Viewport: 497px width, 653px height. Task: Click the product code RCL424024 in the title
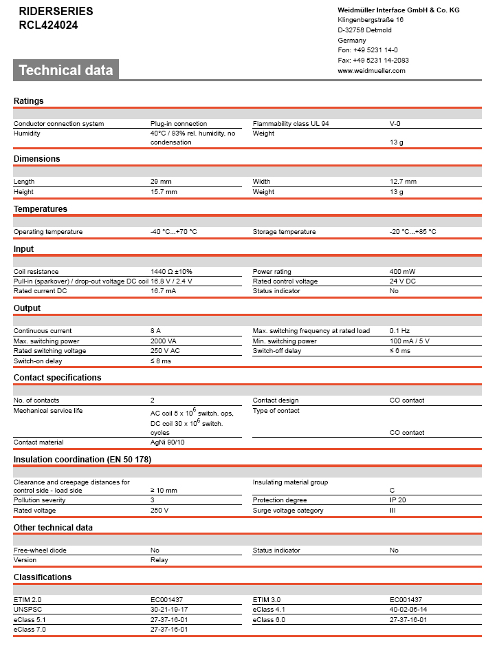tap(48, 25)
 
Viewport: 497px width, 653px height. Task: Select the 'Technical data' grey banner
tap(66, 70)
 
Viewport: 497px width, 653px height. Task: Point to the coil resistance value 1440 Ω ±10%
tap(171, 272)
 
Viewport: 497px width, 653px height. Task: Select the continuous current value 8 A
tap(155, 331)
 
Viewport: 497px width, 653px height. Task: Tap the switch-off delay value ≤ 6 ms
tap(399, 351)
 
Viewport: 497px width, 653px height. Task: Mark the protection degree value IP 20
tap(399, 500)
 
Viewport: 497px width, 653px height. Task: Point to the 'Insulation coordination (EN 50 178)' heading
tap(82, 459)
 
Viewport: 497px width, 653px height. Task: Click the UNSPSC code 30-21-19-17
tap(169, 610)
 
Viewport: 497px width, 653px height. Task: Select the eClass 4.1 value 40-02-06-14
tap(408, 610)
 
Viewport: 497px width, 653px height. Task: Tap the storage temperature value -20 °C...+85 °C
tap(412, 232)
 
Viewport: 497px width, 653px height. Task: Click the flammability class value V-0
tap(395, 124)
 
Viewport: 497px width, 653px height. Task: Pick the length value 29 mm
tap(162, 182)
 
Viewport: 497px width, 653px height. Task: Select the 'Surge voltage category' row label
tap(288, 511)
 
